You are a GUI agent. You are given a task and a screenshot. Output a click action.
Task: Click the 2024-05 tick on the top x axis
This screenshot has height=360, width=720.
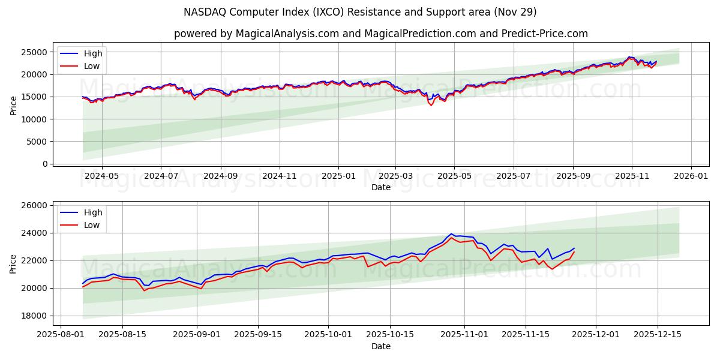101,176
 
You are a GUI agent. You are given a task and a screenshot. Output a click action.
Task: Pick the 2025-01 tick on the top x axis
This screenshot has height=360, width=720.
338,176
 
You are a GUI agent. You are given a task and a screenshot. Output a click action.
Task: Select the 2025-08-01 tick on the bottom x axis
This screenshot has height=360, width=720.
61,335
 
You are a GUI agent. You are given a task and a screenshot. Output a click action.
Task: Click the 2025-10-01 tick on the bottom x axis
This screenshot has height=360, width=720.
328,335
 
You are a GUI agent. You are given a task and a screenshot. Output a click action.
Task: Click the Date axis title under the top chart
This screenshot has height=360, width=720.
380,187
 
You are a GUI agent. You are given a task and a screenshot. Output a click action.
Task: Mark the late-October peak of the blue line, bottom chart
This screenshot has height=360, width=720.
451,234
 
